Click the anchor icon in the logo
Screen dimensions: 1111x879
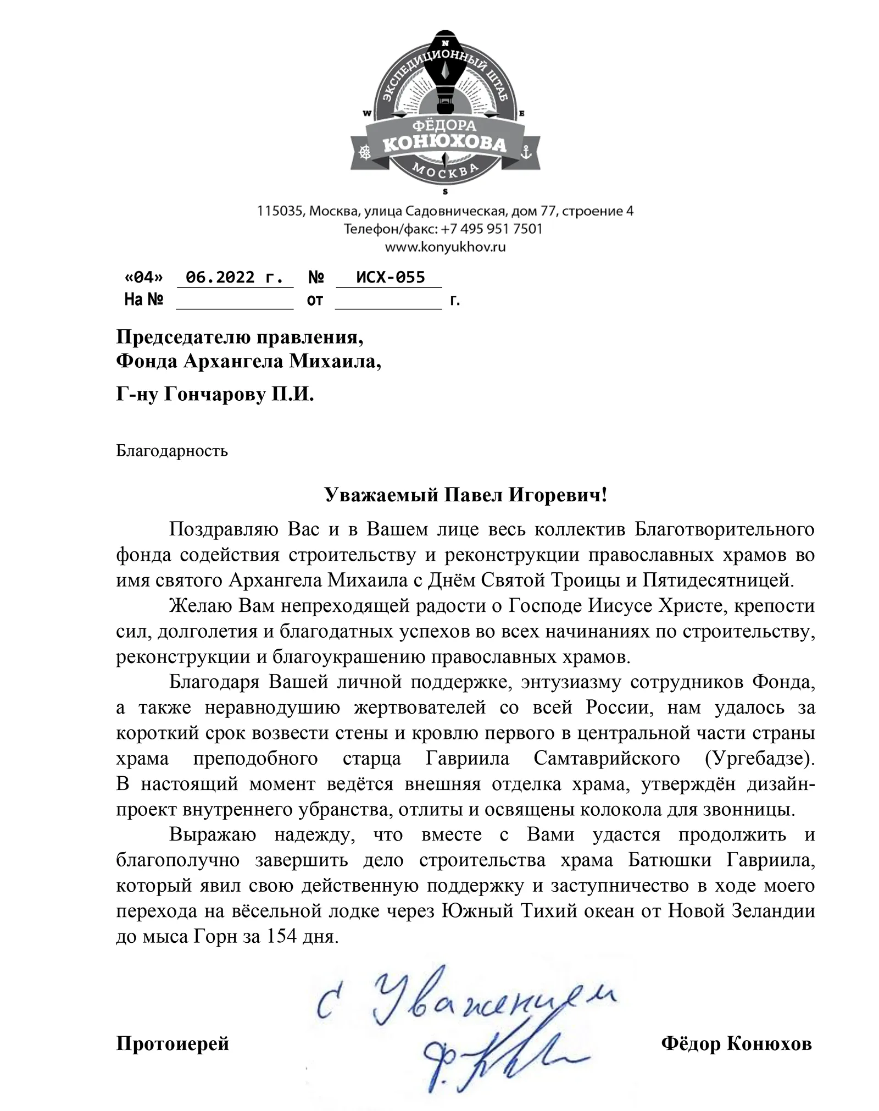tap(526, 152)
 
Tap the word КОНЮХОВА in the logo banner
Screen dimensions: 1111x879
tap(444, 145)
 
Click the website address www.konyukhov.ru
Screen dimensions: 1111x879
tap(445, 247)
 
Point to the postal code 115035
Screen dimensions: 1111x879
tap(281, 211)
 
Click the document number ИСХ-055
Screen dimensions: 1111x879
tap(391, 277)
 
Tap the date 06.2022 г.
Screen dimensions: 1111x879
tap(235, 277)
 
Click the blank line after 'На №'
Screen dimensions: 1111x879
tap(235, 301)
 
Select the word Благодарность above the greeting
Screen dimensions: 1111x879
tap(172, 451)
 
